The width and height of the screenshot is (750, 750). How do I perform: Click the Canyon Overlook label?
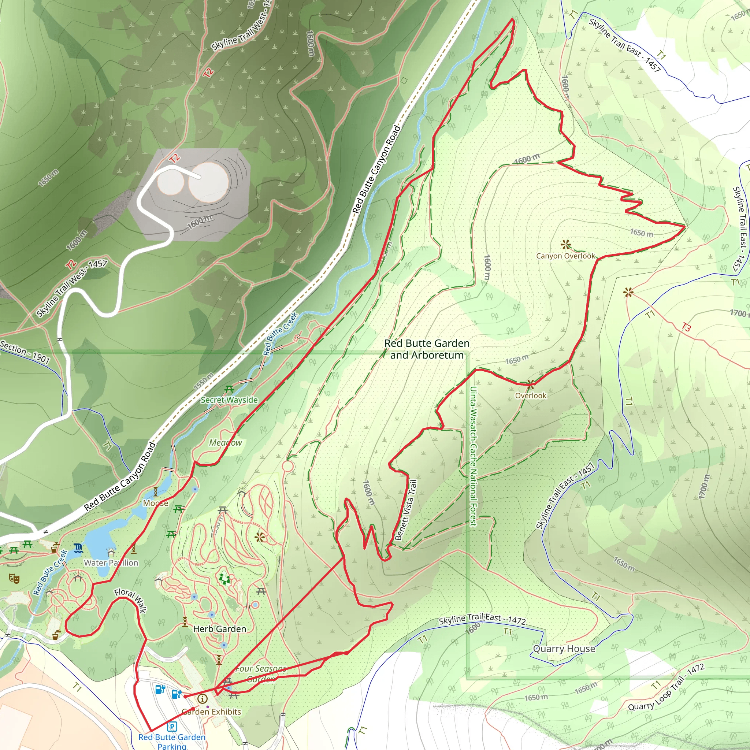tap(565, 256)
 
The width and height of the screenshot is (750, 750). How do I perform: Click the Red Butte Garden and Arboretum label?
tap(427, 349)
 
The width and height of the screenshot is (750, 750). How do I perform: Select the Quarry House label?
tap(564, 649)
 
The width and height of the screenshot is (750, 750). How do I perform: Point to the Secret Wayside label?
tap(229, 400)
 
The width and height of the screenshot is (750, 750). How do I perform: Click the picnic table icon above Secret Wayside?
tap(229, 389)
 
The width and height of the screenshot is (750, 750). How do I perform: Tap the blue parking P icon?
tap(172, 726)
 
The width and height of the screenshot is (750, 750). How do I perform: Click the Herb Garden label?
tap(219, 629)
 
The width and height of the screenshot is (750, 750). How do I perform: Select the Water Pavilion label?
tap(111, 562)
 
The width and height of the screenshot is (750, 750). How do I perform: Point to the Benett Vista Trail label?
tap(406, 510)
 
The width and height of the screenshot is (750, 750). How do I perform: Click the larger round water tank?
tap(208, 182)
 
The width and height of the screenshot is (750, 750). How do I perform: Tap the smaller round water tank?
tap(170, 182)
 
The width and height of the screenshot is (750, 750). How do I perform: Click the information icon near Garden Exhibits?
tap(202, 699)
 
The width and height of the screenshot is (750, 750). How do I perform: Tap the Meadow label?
tap(226, 442)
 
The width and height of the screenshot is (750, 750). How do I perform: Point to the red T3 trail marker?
tap(686, 328)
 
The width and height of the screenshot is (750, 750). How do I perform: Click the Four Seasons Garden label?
tap(261, 674)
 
